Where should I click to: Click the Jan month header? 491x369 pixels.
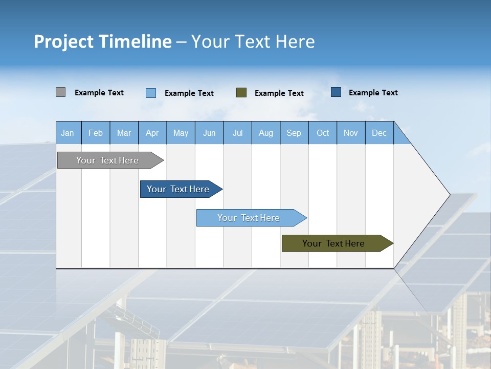click(x=68, y=133)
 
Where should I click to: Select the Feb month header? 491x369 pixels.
click(x=96, y=133)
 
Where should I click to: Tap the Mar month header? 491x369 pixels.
click(x=124, y=133)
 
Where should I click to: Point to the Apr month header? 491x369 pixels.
click(x=152, y=133)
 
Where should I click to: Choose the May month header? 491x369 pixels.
click(x=181, y=133)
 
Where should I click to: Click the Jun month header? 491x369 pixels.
click(x=209, y=133)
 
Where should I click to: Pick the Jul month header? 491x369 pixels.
click(x=237, y=133)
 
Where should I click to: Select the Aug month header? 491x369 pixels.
click(x=266, y=133)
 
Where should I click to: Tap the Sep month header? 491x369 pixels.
click(x=294, y=133)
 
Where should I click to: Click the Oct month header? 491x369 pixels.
click(x=323, y=133)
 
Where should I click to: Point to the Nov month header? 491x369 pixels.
click(x=351, y=133)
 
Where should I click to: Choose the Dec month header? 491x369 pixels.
click(x=380, y=133)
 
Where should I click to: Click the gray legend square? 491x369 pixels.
click(x=61, y=92)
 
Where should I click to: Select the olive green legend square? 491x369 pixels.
click(x=241, y=93)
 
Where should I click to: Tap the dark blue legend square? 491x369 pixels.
click(x=336, y=92)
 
